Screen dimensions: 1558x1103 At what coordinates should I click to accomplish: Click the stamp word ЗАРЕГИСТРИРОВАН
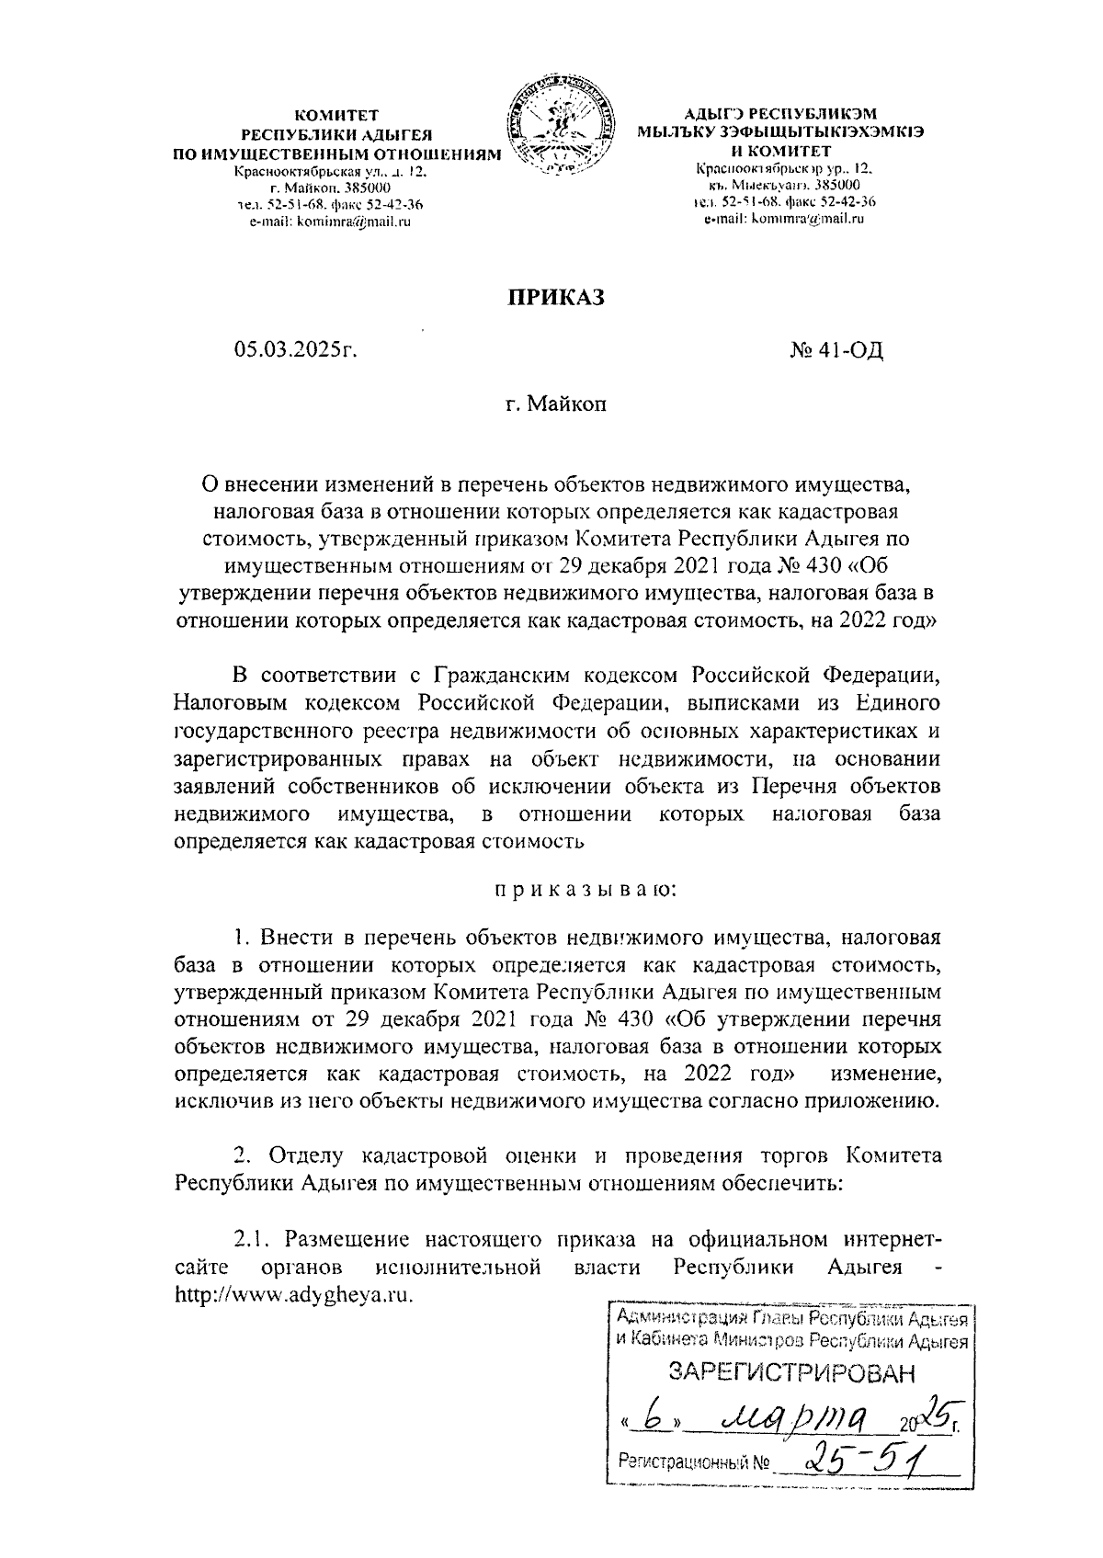coord(791,1373)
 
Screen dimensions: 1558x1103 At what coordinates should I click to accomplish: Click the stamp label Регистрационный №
coord(693,1460)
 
